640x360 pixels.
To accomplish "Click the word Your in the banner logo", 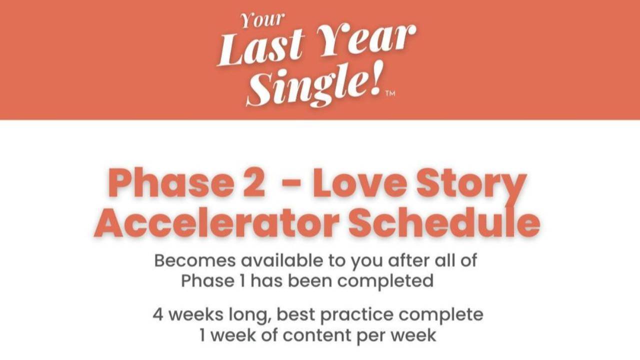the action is (262, 20).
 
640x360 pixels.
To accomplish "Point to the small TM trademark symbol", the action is (390, 93).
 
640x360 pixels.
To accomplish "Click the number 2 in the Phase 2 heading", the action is (254, 183).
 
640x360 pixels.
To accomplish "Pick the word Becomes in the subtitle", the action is (195, 260).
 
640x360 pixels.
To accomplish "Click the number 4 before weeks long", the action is (158, 315).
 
